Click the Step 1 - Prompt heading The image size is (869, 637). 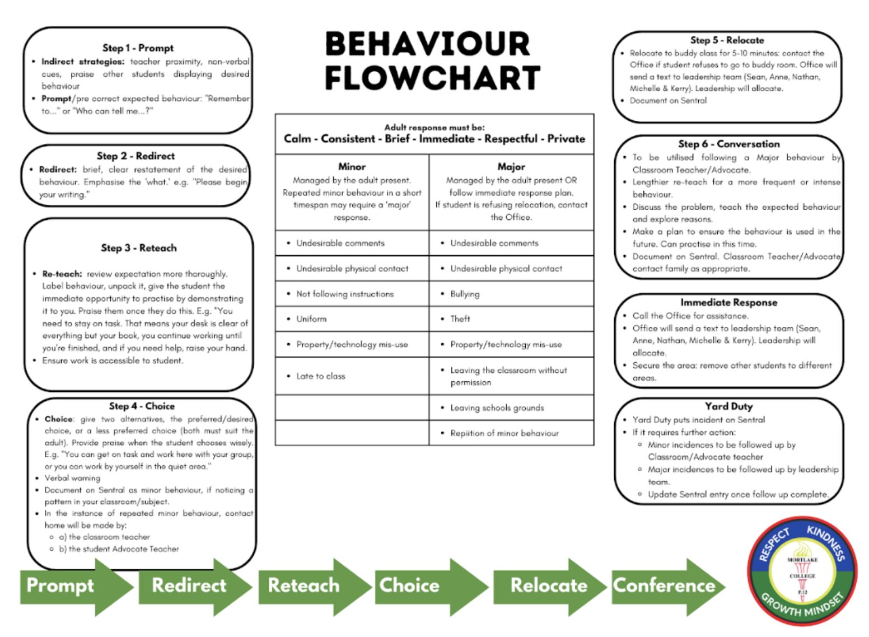point(138,48)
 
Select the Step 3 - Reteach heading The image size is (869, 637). point(138,248)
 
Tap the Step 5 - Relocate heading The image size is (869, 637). point(727,40)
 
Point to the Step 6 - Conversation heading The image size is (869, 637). point(728,144)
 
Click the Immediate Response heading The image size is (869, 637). point(728,302)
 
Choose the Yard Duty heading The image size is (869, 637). point(728,406)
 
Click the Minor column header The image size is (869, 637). point(352,167)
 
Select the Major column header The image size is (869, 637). point(511,167)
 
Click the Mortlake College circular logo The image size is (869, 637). point(802,572)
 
